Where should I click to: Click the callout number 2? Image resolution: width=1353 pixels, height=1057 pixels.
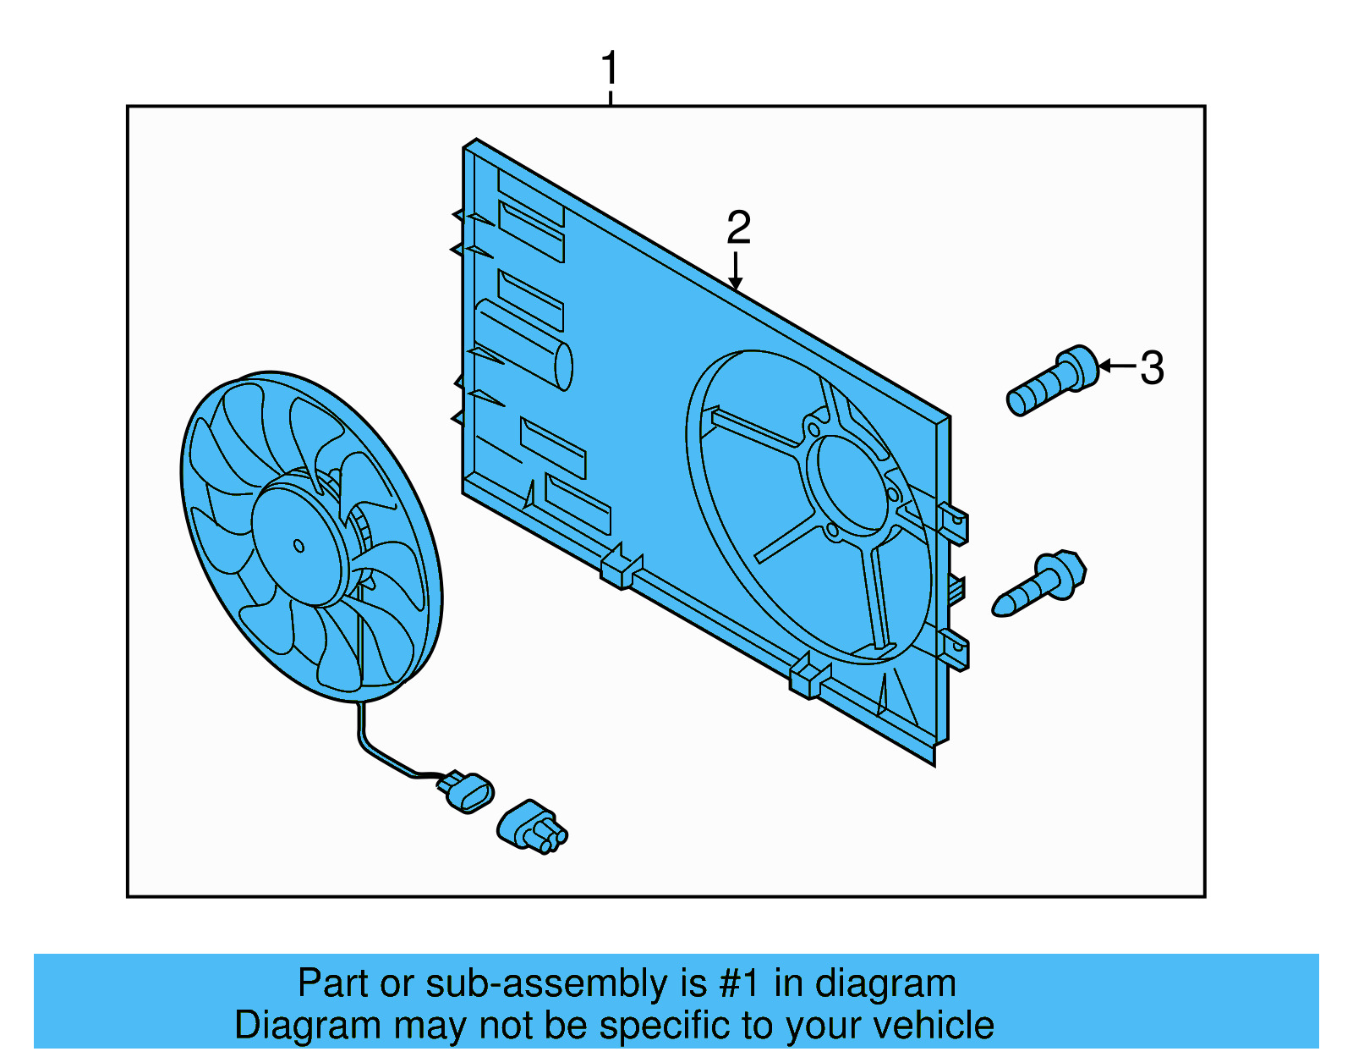738,227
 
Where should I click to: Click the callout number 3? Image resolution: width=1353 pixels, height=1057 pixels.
1152,368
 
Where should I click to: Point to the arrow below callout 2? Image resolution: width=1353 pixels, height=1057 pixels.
737,273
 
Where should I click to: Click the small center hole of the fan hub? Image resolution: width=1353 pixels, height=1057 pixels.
299,546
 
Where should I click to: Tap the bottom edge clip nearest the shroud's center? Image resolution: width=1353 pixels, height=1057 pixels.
622,570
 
